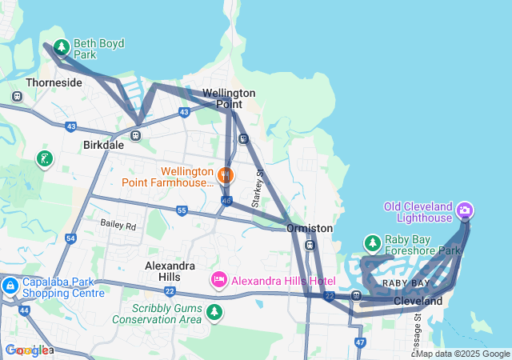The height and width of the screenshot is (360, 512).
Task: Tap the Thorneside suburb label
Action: coord(54,82)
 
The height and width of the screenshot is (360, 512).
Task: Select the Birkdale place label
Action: coord(103,146)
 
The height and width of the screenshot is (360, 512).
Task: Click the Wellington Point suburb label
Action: coord(228,98)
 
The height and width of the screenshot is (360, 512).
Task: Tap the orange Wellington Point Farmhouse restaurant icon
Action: coord(226,173)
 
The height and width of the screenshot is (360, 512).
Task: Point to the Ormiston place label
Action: coord(310,228)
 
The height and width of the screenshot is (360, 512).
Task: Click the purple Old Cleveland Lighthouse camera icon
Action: coord(465,211)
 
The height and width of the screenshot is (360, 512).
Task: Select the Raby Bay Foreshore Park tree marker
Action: coord(372,242)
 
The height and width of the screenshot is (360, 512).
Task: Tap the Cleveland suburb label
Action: coord(418,302)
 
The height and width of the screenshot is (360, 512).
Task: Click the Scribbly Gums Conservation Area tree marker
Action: coord(214,312)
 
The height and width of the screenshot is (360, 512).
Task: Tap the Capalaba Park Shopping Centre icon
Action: coord(10,286)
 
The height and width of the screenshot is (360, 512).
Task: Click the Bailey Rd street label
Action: coord(118,226)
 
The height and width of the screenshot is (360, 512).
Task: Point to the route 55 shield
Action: coord(182,210)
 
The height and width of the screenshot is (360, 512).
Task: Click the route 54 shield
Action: coord(70,238)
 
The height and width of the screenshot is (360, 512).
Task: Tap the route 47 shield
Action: coord(360,342)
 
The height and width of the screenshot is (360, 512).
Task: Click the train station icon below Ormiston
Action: coord(310,246)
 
